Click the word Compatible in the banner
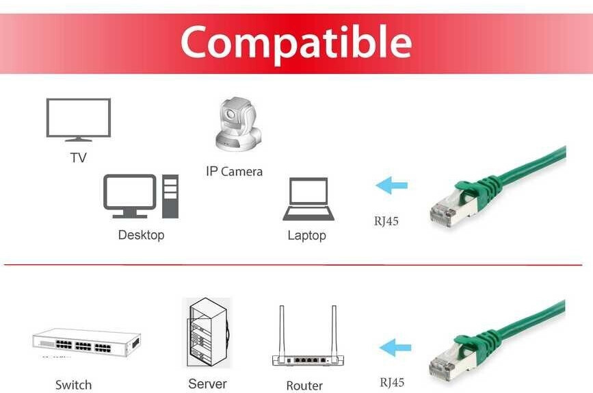pos(295,42)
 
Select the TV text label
pos(78,158)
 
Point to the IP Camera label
pos(234,171)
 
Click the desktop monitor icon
pos(130,195)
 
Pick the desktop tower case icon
pos(170,196)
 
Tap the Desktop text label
pos(141,235)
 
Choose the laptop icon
pos(308,199)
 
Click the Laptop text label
pos(306,236)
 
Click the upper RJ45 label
pos(386,221)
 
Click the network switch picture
pos(86,342)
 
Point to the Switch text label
pos(73,385)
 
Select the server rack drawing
pos(208,333)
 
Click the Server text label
pos(207,383)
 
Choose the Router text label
pos(304,385)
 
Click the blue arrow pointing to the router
pos(395,347)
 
